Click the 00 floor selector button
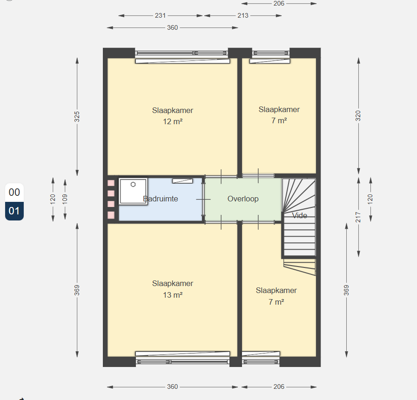(14, 193)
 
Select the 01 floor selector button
(14, 211)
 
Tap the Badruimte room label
(161, 199)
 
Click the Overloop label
(243, 199)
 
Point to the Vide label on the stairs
(300, 215)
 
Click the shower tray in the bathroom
(133, 191)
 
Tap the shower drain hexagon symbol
(133, 185)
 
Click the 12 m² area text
(173, 122)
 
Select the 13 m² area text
(173, 295)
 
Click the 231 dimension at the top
(161, 16)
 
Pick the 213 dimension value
(243, 16)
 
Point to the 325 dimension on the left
(77, 117)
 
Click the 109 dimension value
(65, 199)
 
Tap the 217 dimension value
(358, 217)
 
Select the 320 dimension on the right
(358, 116)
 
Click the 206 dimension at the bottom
(279, 387)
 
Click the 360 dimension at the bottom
(172, 387)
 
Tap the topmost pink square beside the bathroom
(111, 183)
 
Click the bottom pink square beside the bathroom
(111, 215)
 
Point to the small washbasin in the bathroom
(182, 181)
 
